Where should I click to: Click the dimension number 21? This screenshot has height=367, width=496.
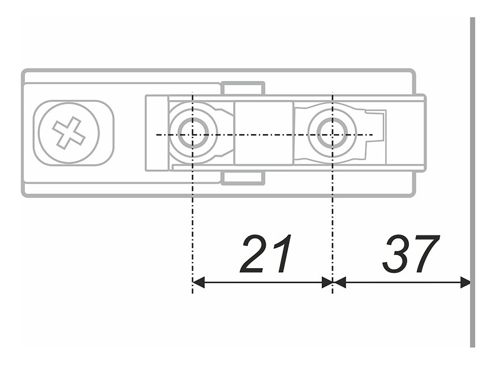[x=266, y=254]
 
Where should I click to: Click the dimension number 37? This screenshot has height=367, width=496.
[x=411, y=254]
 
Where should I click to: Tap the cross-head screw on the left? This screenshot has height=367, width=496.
[x=69, y=133]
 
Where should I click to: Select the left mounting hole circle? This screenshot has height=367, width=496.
[x=193, y=133]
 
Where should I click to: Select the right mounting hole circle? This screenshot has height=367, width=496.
[x=332, y=133]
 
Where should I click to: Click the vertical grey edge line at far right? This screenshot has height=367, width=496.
[x=472, y=182]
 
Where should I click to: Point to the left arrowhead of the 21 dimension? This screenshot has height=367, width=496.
[x=198, y=282]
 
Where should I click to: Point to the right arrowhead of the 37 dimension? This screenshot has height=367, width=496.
[x=465, y=282]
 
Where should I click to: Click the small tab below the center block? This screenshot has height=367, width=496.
[x=243, y=178]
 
